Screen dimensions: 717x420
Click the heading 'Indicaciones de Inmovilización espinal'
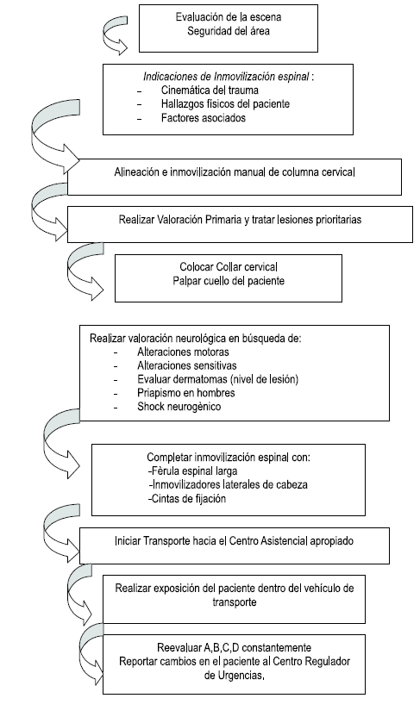[x=216, y=75]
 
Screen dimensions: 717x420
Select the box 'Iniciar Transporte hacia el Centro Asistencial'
[x=235, y=542]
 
